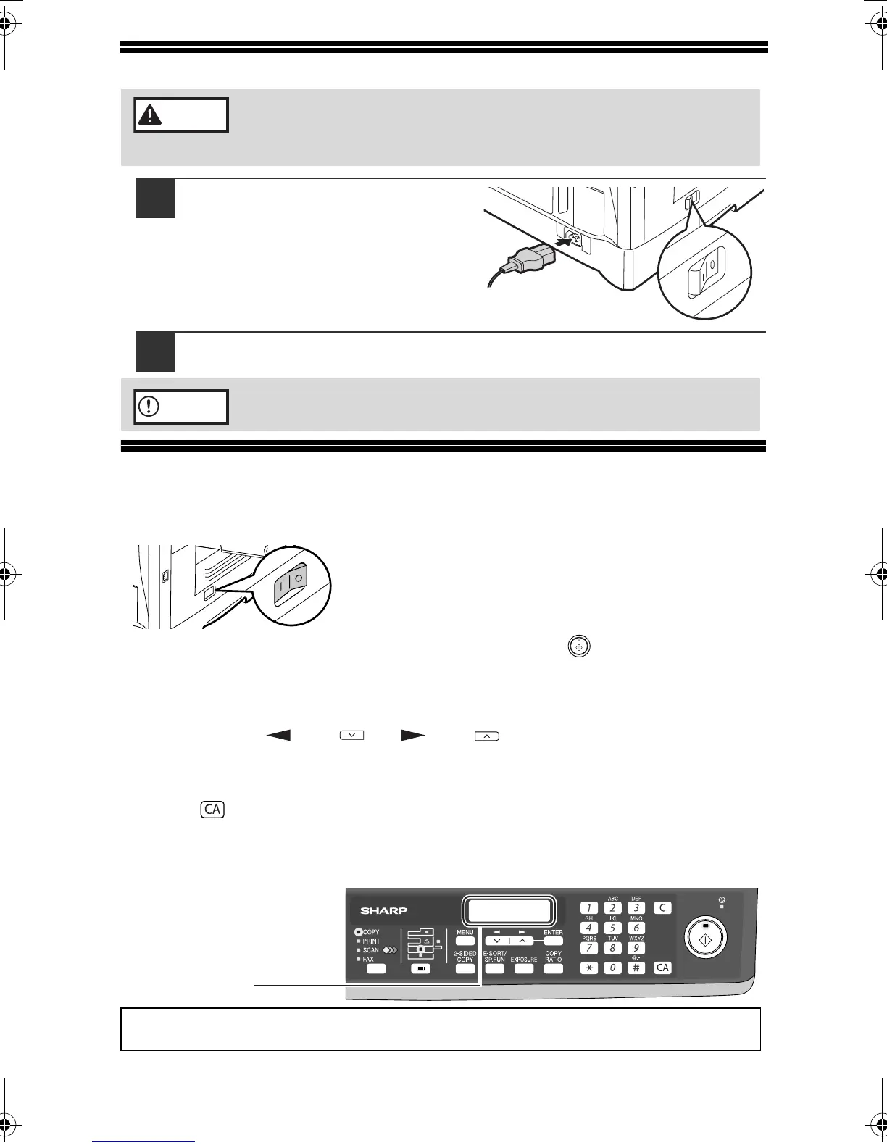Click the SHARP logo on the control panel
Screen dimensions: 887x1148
coord(384,910)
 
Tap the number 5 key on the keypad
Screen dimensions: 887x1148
coord(612,928)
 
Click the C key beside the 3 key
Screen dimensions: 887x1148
coord(662,907)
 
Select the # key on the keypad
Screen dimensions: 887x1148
coord(636,968)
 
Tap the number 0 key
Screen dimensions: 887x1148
coord(612,968)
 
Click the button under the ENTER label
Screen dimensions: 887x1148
coord(553,941)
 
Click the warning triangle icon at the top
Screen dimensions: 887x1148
coord(149,115)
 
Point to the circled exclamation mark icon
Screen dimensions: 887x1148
coord(148,407)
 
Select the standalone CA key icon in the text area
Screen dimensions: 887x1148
coord(212,810)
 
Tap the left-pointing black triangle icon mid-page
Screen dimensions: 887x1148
coord(278,736)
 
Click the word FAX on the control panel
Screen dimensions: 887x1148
coord(369,959)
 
